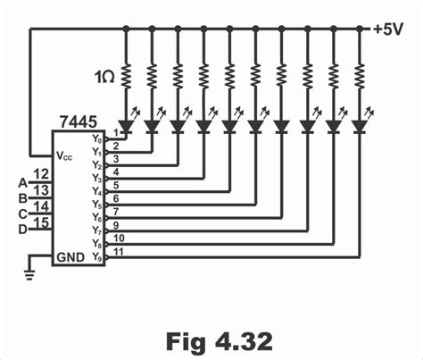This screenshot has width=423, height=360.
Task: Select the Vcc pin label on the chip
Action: pos(63,155)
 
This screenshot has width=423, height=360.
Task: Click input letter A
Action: pos(22,183)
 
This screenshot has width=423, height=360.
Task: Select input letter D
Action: pos(22,229)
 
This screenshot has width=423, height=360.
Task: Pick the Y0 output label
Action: pos(95,138)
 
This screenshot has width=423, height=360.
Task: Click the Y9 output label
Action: pos(95,257)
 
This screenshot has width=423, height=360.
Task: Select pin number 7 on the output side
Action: pos(116,211)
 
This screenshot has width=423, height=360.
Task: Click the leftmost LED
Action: pos(125,125)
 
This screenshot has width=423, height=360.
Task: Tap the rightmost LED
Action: pos(360,125)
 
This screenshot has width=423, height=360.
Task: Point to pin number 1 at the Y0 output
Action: pos(116,132)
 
